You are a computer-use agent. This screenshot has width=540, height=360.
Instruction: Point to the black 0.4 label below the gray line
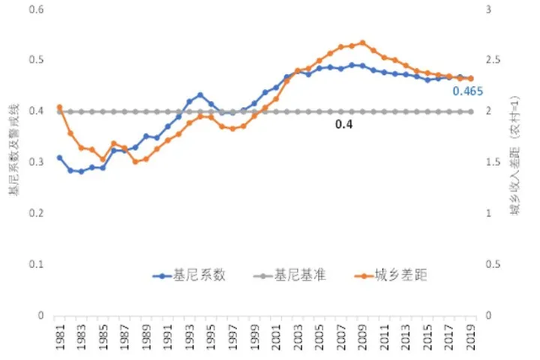[343, 124]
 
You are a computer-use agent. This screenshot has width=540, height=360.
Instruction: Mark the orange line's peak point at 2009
[363, 42]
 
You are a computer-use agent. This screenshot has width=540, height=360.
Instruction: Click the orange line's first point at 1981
[59, 107]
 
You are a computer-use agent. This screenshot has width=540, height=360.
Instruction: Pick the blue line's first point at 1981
[59, 158]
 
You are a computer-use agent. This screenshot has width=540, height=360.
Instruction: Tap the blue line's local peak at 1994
[200, 94]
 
